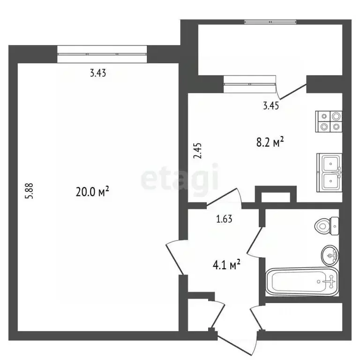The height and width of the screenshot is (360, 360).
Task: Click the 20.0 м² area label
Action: coord(92,192)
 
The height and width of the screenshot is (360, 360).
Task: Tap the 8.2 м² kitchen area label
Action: coord(270,142)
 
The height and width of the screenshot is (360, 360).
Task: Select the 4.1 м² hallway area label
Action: coord(226,265)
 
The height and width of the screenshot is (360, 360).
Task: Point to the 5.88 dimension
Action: coord(30,191)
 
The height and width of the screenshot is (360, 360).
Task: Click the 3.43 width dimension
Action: coord(98,73)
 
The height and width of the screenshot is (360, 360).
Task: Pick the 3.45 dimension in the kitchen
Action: coord(271,106)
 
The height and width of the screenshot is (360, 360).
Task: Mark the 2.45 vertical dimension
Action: coord(198,150)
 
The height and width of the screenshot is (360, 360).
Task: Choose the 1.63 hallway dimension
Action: coord(224,219)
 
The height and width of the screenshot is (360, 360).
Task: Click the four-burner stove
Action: coord(329,121)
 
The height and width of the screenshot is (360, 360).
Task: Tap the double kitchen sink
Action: coord(329,172)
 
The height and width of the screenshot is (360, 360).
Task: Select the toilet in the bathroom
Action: coord(327,226)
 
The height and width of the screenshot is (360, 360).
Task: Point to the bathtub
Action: coord(302,282)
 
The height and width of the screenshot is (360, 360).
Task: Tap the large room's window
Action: coord(102,54)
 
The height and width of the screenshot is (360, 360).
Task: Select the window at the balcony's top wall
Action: coord(270,22)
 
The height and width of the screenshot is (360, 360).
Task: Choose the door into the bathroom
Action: coord(255,242)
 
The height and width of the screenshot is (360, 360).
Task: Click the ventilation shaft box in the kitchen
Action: coord(276,194)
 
